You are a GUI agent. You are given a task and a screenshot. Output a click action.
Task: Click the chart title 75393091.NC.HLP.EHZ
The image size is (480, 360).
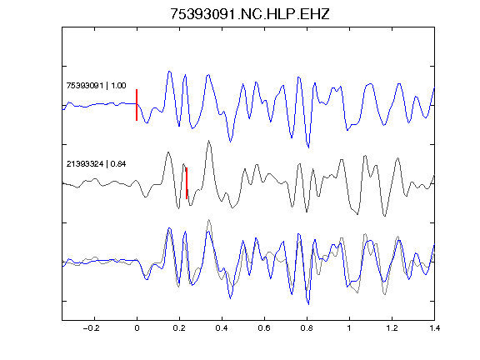coord(249,14)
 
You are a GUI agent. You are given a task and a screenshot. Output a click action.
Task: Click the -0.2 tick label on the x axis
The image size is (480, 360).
coord(91,328)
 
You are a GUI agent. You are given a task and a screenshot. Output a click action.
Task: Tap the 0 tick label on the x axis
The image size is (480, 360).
coord(137,328)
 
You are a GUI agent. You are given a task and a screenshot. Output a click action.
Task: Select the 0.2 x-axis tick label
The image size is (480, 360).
coord(179,328)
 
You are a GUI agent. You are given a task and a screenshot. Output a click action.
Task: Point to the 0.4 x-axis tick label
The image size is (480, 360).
coord(222,328)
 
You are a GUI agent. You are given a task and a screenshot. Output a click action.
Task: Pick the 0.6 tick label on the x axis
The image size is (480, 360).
coord(264,328)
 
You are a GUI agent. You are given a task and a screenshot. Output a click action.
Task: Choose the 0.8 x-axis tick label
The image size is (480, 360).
coord(307,328)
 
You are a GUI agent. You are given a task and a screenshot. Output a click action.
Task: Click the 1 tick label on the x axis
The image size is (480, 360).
coord(349,328)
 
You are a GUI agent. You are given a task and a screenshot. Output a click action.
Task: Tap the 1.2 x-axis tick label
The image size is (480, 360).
coord(392,328)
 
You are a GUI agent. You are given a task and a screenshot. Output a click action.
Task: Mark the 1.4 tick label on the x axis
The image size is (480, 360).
coord(435,328)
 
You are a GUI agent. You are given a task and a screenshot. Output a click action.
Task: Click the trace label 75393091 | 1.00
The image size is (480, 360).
coord(96,85)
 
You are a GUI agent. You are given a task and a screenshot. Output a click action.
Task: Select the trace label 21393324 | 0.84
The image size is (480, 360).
coord(96,164)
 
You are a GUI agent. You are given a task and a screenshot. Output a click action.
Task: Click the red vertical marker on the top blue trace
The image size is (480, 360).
coord(137,105)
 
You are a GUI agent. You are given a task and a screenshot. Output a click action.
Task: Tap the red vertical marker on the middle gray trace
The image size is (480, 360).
coord(187,183)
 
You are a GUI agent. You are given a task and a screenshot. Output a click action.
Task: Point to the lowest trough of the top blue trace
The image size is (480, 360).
coord(308,147)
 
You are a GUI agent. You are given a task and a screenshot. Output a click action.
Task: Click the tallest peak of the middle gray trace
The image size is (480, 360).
coord(209,141)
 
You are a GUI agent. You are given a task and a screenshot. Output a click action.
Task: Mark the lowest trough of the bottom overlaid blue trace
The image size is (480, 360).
coord(308,304)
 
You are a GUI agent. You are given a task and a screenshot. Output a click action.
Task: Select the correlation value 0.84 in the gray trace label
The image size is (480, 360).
coord(118,164)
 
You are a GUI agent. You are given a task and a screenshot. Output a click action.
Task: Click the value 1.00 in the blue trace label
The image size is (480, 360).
coord(118,85)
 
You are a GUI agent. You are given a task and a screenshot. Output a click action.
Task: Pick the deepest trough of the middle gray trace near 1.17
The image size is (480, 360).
coord(385,216)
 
